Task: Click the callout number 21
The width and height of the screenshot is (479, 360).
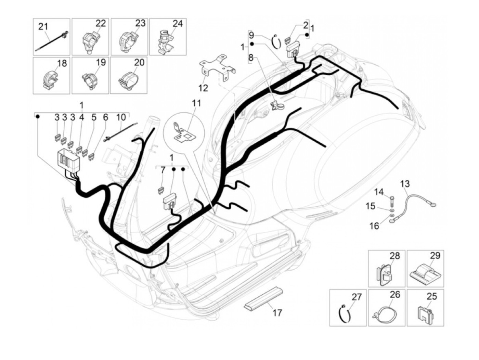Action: [x=43, y=26]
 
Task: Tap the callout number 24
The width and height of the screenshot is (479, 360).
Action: [x=178, y=24]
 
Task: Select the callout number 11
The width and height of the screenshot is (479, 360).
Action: [x=196, y=103]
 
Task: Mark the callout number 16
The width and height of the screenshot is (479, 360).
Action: [x=374, y=226]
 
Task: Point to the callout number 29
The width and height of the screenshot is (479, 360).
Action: [x=435, y=255]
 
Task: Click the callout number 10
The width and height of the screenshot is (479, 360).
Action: [x=121, y=117]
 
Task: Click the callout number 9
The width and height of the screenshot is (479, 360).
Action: [x=251, y=35]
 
